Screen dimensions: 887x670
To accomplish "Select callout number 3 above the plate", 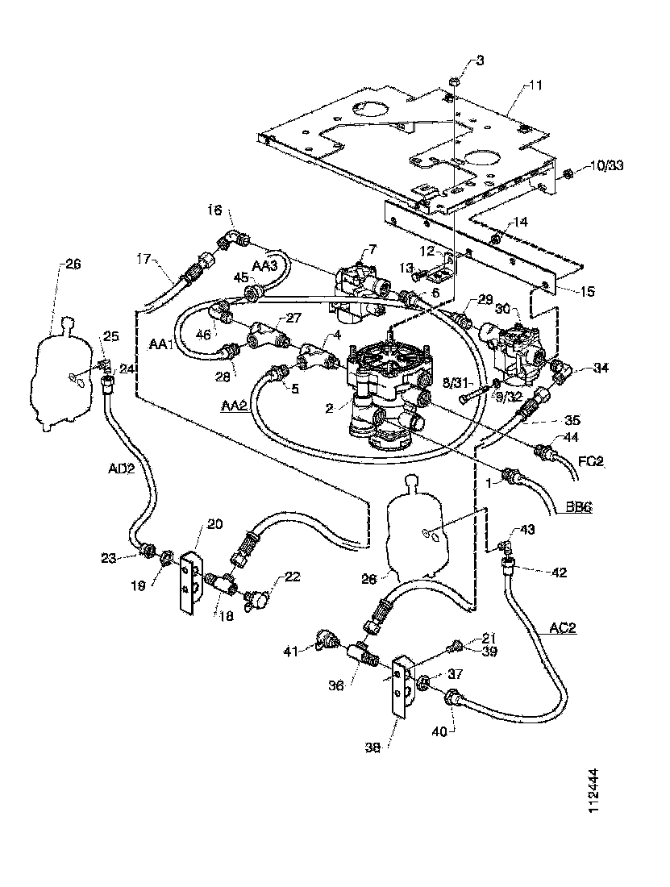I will pyautogui.click(x=481, y=61).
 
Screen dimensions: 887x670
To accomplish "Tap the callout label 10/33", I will pyautogui.click(x=607, y=165).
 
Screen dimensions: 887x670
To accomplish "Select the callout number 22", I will pyautogui.click(x=291, y=577).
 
